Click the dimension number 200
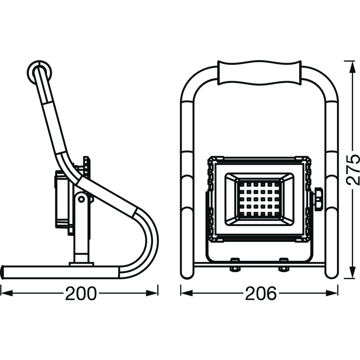(x=81, y=293)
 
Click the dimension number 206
(x=261, y=293)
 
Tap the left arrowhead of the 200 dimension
(x=7, y=293)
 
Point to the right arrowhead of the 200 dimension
(x=152, y=293)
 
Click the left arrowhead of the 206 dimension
(x=186, y=293)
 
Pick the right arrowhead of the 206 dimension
(x=332, y=293)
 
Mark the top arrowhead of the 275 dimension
(x=351, y=67)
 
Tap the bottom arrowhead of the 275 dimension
(x=351, y=273)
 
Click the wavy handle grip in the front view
(x=259, y=73)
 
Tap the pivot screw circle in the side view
(x=81, y=199)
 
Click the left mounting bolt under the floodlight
(x=235, y=264)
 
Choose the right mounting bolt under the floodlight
(x=284, y=264)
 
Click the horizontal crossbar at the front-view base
(x=260, y=265)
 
